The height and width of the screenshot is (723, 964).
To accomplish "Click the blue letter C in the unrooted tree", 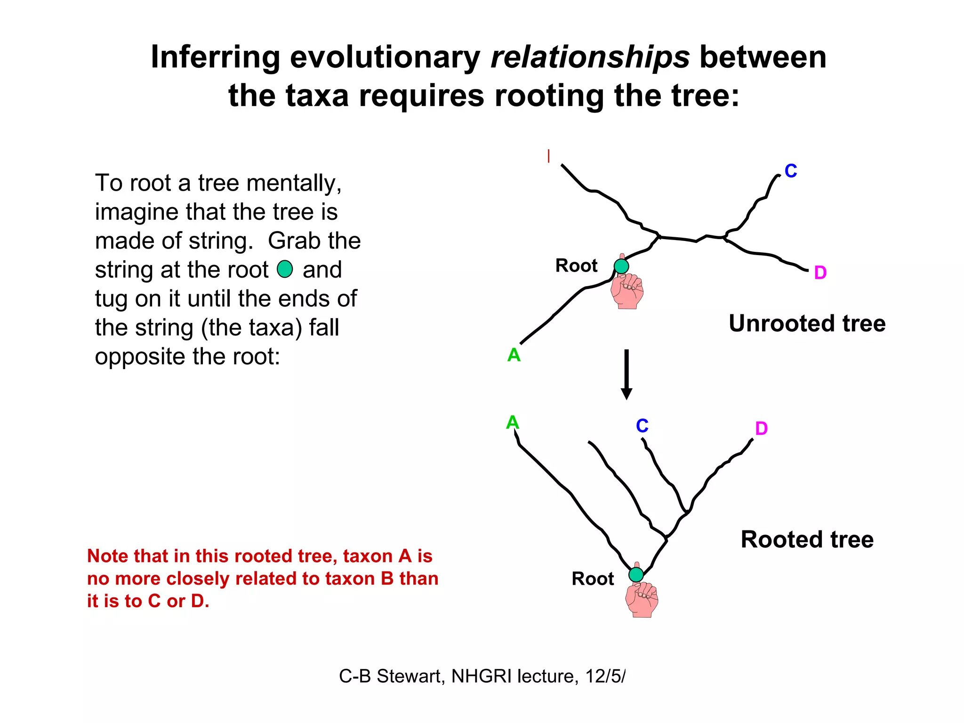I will click(790, 171).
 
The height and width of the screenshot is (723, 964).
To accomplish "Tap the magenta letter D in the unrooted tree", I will click(820, 273).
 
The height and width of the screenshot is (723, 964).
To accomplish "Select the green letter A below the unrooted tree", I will click(514, 355).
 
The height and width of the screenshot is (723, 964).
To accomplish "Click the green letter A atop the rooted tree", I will click(512, 422).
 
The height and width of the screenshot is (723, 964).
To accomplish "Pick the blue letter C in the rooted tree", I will click(642, 426).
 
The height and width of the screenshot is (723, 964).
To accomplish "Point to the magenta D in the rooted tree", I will click(761, 428).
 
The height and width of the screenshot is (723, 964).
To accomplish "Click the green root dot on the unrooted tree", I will click(621, 266).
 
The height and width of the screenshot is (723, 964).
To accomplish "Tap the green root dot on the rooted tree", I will click(636, 575).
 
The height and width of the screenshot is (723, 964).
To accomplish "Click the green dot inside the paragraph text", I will click(285, 269).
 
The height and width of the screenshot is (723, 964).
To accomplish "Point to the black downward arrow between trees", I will click(627, 374).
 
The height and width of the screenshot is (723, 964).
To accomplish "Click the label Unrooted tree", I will click(807, 324).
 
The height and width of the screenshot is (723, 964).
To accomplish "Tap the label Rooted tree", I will click(807, 539).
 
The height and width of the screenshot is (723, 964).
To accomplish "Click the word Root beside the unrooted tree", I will click(576, 266).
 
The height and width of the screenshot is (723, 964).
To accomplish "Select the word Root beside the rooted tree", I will click(593, 579).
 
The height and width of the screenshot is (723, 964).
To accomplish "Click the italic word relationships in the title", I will click(590, 57).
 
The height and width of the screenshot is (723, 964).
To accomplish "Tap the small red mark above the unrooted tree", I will click(549, 156).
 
